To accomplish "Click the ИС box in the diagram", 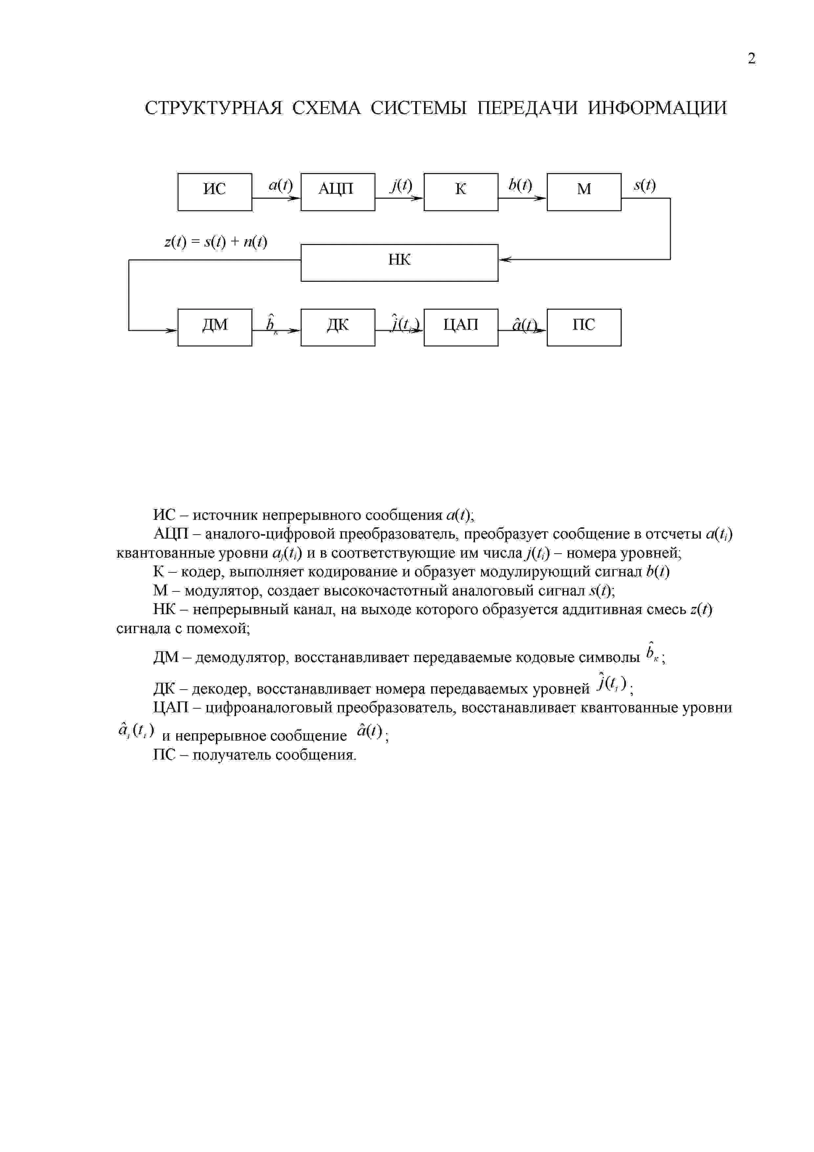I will click(x=215, y=192).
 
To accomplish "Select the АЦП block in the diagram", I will click(x=337, y=192).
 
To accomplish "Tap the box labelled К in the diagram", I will click(x=461, y=192).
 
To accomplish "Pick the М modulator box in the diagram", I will click(x=584, y=192).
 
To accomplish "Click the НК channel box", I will click(x=399, y=262).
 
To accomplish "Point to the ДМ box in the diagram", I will click(x=215, y=327).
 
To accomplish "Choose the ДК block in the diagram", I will click(x=337, y=327).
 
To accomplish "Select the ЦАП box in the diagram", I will click(x=461, y=327).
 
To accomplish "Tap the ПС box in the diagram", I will click(x=584, y=327).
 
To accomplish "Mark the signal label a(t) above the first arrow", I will click(x=280, y=185).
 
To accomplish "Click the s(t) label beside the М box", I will click(x=645, y=185).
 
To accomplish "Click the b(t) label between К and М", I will click(x=520, y=185).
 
